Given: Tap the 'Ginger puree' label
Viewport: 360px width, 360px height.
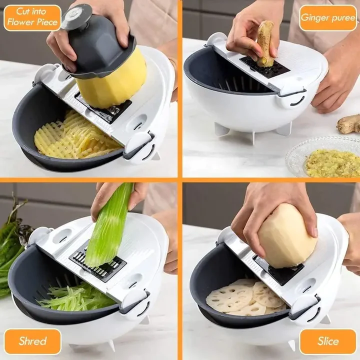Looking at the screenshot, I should (x=328, y=17).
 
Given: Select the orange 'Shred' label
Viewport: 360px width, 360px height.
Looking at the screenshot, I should (x=32, y=342).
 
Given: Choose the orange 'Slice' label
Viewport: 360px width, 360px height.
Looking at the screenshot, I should (x=328, y=342).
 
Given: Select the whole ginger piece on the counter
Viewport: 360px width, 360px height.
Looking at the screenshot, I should (x=349, y=123).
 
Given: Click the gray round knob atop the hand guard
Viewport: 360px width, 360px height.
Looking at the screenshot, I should (x=76, y=16).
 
